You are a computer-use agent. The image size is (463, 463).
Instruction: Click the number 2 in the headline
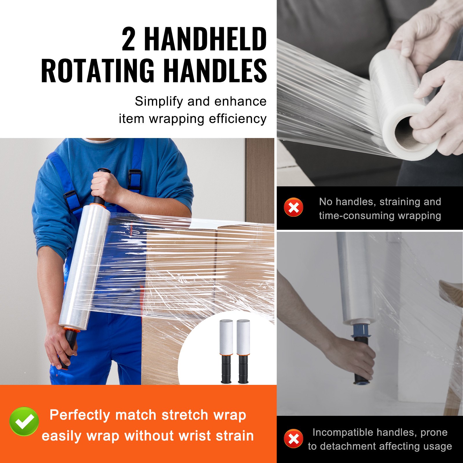point(128,39)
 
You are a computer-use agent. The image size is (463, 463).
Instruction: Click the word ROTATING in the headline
point(98,71)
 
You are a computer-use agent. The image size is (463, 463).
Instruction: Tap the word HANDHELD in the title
point(205,39)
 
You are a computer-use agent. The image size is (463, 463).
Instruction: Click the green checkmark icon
point(24,422)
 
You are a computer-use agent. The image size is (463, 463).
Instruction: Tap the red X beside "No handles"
point(293,207)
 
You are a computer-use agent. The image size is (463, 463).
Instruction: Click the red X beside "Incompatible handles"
point(293,438)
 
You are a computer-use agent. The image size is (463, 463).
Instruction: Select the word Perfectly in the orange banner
point(80,415)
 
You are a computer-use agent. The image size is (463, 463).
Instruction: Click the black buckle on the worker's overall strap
point(135,179)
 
